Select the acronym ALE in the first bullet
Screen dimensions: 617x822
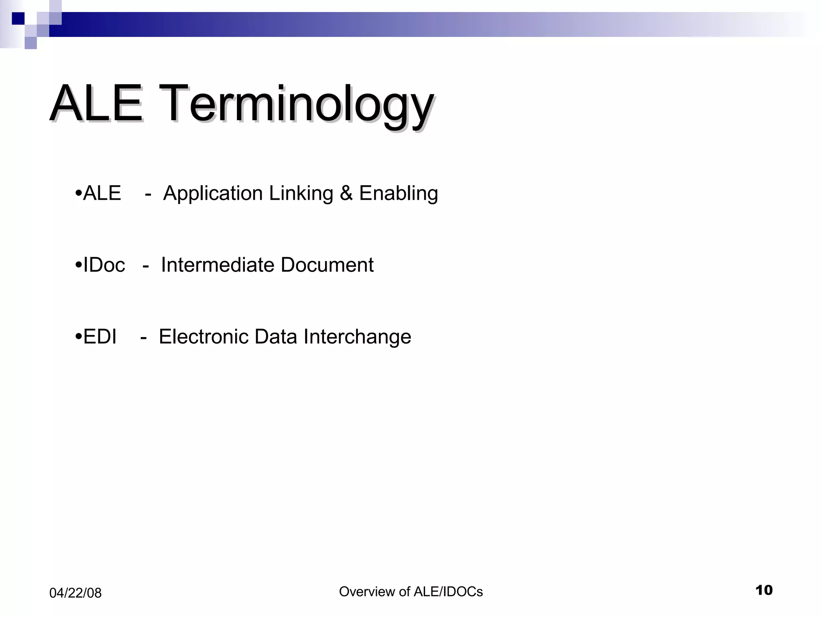tap(102, 193)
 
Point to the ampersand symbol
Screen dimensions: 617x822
tap(346, 193)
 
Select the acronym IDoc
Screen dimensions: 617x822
tap(104, 265)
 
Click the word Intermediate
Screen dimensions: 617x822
tap(218, 265)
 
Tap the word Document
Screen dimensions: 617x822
tap(327, 265)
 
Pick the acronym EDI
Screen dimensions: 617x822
tap(100, 337)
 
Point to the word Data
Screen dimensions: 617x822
tap(276, 337)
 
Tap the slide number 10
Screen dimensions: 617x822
tap(764, 590)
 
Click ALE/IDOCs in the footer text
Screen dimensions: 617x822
tap(448, 592)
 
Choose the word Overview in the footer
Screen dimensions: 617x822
tap(366, 592)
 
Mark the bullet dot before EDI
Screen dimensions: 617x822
tap(78, 337)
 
